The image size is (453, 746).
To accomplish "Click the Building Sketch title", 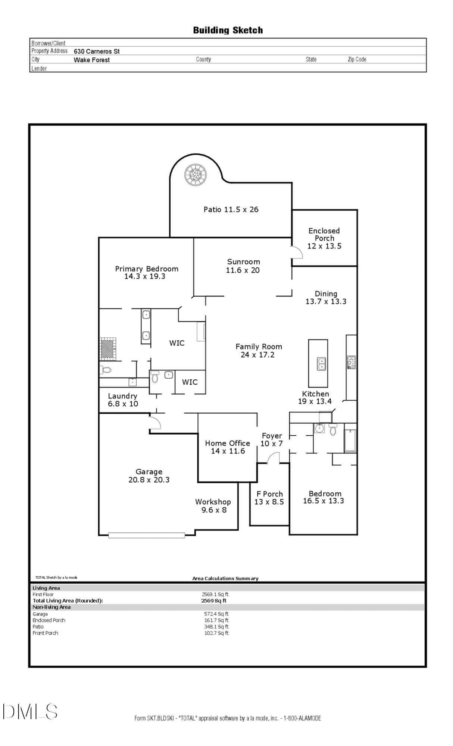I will point(228,30).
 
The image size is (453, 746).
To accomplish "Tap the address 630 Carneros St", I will point(97,51).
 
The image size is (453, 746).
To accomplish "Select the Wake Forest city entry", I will point(91,60).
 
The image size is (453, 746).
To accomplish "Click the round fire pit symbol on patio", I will point(195,175).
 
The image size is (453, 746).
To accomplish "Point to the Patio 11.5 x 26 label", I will point(231,209).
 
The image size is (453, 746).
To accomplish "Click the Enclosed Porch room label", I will point(324,235).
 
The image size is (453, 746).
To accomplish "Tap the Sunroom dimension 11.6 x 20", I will point(243,270).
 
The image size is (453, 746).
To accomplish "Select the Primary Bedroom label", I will point(147,269).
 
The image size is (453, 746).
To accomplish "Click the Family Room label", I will point(259,347).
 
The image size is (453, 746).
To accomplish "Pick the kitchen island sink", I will point(321,364).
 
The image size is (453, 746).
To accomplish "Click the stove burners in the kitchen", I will point(351,362).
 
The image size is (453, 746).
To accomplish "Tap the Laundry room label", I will point(122,396).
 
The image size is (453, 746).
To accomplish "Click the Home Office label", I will point(227,443).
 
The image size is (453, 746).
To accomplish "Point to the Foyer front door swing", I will point(274,458).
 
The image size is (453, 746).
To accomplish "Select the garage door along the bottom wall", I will point(146,535).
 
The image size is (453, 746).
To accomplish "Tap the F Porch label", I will point(269,494).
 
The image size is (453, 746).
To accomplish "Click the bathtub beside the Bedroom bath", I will point(350,441).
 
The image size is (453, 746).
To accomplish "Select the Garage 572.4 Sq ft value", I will point(216,614).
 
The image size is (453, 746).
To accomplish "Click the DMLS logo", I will point(30,711).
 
